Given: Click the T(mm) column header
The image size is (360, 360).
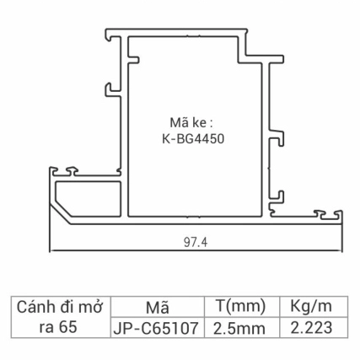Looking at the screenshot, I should pos(241,305).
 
